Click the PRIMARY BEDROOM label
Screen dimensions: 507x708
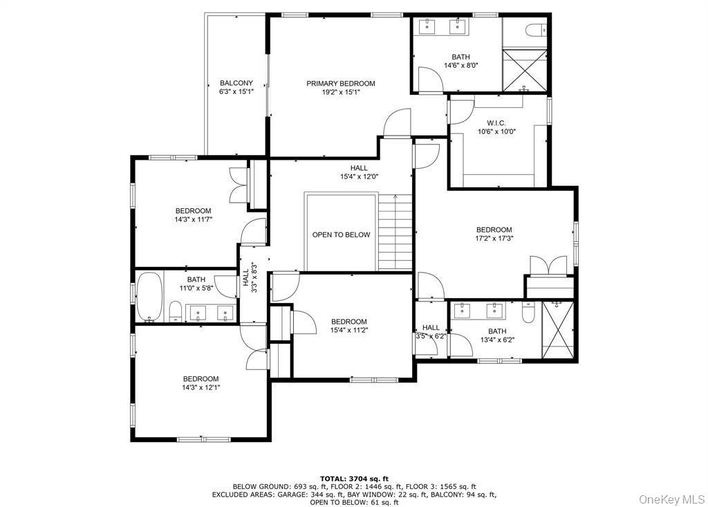pyautogui.click(x=340, y=84)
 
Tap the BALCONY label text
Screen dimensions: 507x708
pyautogui.click(x=236, y=83)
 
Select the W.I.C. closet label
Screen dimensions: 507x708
pyautogui.click(x=496, y=123)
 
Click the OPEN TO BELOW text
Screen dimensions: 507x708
pyautogui.click(x=341, y=234)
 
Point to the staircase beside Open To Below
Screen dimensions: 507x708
pyautogui.click(x=395, y=233)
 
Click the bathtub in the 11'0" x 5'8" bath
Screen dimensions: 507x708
pyautogui.click(x=149, y=297)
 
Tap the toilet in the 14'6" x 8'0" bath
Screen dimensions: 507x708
pyautogui.click(x=537, y=30)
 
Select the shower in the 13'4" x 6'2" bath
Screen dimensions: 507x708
pyautogui.click(x=558, y=330)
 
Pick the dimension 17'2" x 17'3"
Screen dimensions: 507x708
pyautogui.click(x=494, y=239)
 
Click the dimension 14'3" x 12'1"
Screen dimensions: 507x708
pyautogui.click(x=201, y=387)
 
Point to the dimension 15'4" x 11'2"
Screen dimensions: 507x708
pyautogui.click(x=348, y=331)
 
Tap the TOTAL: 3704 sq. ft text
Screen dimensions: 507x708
pyautogui.click(x=354, y=479)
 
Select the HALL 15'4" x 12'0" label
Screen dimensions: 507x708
pyautogui.click(x=359, y=172)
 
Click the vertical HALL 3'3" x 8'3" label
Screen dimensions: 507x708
pyautogui.click(x=250, y=278)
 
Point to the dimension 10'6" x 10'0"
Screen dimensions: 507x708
pyautogui.click(x=496, y=131)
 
